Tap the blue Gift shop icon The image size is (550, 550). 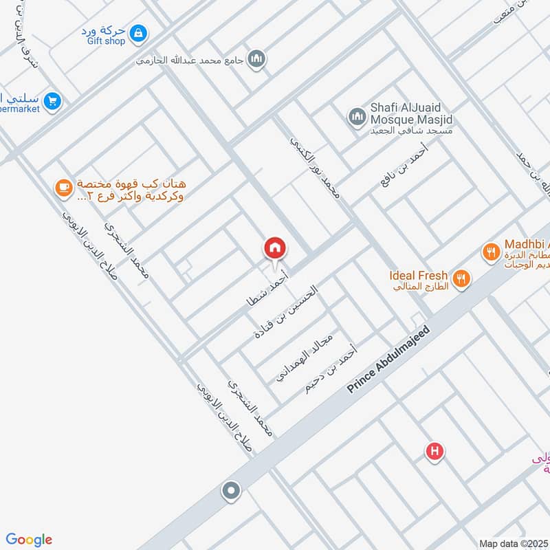click(x=139, y=32)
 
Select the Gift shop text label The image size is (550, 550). click(x=107, y=41)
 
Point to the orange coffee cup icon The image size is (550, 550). click(x=63, y=187)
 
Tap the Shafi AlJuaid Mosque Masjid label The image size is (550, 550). click(x=411, y=114)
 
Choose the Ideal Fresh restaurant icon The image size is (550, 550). click(x=462, y=278)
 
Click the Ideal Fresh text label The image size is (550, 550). click(x=418, y=275)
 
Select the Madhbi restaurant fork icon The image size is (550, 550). click(x=490, y=252)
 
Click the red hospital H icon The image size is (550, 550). click(x=434, y=452)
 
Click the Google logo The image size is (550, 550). click(x=29, y=539)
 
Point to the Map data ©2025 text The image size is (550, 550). click(x=513, y=544)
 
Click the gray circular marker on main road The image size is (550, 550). click(x=231, y=491)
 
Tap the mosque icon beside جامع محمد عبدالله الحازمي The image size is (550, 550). click(x=257, y=58)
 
